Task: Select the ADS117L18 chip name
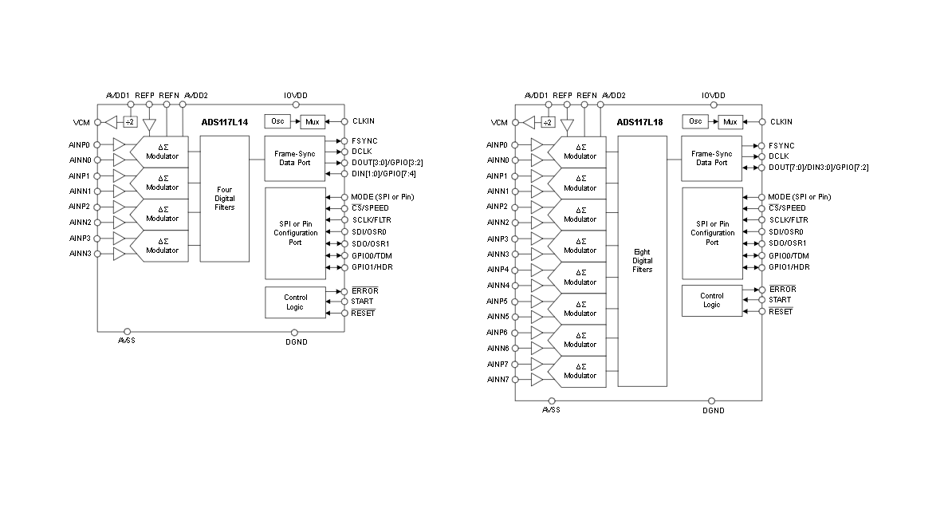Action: click(x=639, y=122)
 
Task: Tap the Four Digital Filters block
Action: click(x=224, y=199)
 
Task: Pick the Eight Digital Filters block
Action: click(x=642, y=260)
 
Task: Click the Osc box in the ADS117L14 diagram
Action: click(x=277, y=121)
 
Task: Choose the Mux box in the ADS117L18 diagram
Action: click(x=730, y=122)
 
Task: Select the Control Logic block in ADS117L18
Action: click(x=711, y=300)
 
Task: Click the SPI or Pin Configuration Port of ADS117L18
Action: click(x=712, y=233)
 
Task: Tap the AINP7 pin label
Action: click(x=498, y=364)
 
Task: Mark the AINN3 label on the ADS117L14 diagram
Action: click(x=80, y=254)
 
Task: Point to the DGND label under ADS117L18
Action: click(x=714, y=411)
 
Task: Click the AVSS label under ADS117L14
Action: click(x=127, y=341)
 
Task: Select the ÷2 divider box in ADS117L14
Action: click(x=129, y=122)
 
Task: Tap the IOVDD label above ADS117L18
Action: click(x=714, y=95)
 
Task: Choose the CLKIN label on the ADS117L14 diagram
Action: click(x=363, y=122)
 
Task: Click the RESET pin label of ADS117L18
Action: click(x=781, y=311)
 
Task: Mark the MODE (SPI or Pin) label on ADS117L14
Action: click(x=382, y=196)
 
